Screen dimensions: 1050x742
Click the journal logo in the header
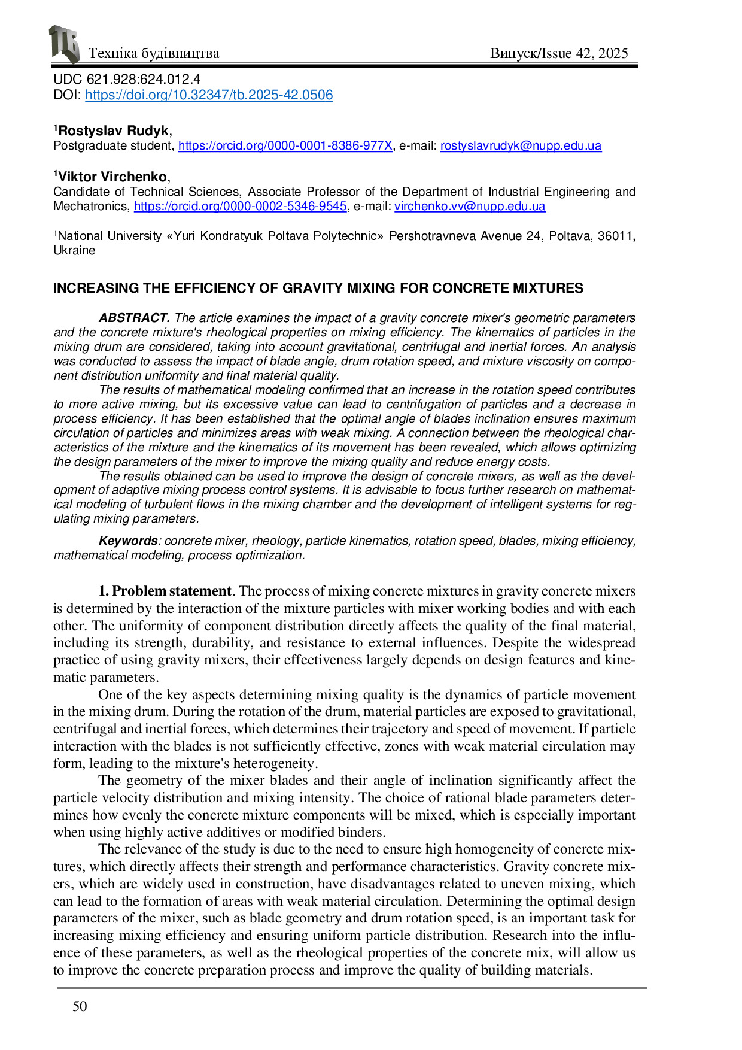64,44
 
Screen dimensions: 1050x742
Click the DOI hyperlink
208,95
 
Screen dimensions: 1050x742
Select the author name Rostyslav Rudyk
114,131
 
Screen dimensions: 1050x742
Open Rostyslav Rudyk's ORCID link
285,145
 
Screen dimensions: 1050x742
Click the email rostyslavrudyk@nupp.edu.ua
521,145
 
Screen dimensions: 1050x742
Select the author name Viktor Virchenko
112,177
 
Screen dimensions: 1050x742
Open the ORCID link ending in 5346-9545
240,207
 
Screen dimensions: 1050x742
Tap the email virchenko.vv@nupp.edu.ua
470,207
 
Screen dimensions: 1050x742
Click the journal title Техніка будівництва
154,54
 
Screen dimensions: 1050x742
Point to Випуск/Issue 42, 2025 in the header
559,54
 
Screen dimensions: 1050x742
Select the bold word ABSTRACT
135,318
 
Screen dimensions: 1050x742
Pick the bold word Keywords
128,541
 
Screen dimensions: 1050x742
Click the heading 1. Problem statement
165,591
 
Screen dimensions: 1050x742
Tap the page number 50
80,1006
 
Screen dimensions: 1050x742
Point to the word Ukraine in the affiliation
74,251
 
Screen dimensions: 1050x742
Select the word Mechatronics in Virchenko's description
91,207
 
